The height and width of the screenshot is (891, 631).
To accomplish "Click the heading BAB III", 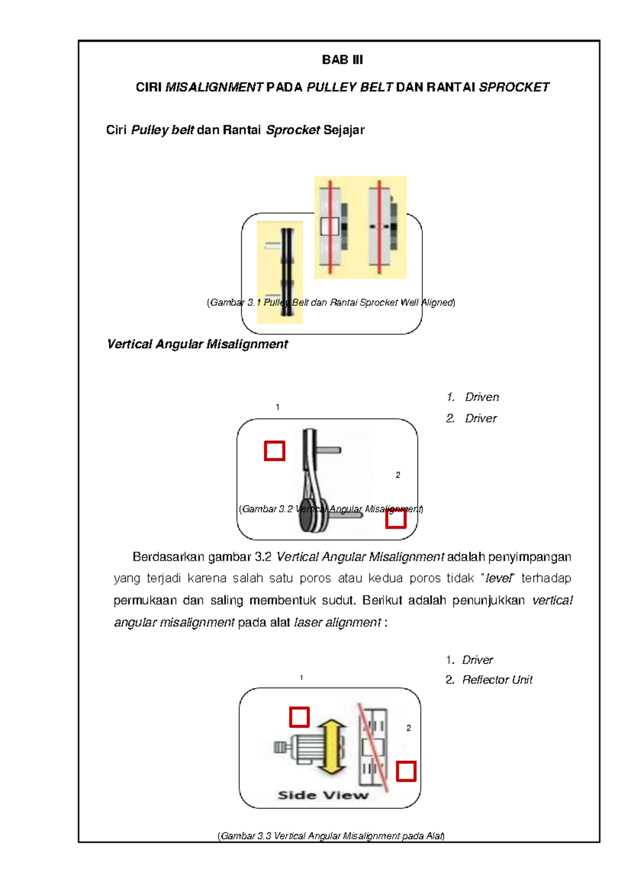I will click(342, 60).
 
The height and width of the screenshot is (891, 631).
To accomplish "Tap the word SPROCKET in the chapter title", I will click(514, 87).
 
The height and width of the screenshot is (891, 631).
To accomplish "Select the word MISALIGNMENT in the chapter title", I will click(214, 87).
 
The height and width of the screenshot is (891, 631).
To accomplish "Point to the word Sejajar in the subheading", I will click(344, 130).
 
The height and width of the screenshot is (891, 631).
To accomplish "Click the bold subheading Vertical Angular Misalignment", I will click(197, 344).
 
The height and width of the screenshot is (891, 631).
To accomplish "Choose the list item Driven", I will click(482, 397).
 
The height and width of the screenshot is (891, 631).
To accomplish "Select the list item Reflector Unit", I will click(497, 680).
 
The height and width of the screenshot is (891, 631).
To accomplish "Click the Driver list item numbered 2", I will click(481, 418).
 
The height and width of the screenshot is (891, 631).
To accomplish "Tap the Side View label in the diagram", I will click(323, 795).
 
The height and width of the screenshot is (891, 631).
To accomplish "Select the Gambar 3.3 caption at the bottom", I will click(331, 836).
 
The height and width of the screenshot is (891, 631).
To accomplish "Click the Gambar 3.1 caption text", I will click(331, 303).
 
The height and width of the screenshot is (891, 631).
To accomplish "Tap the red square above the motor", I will click(299, 717).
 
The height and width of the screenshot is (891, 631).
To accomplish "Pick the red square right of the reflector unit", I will click(406, 771).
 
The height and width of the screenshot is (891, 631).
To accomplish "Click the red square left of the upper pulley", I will click(274, 451).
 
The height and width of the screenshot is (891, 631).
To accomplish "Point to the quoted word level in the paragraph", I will click(497, 578).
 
